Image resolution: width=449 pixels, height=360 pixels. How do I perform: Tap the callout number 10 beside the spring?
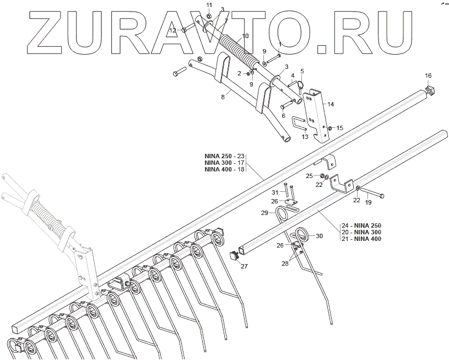(245, 36)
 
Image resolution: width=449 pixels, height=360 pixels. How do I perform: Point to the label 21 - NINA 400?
(361, 239)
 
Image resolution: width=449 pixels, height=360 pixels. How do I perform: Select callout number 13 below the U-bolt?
(304, 136)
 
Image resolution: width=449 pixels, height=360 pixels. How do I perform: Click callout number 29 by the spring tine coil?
(264, 212)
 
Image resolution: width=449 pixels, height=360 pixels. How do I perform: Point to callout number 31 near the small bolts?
(274, 192)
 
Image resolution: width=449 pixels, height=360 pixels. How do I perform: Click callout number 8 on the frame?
(223, 97)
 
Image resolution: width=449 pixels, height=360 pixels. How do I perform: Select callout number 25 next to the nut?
(309, 175)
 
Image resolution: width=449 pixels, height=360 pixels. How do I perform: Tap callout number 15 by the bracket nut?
(339, 128)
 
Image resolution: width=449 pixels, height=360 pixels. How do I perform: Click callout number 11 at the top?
(209, 5)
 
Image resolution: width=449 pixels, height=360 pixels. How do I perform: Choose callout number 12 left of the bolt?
(172, 30)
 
